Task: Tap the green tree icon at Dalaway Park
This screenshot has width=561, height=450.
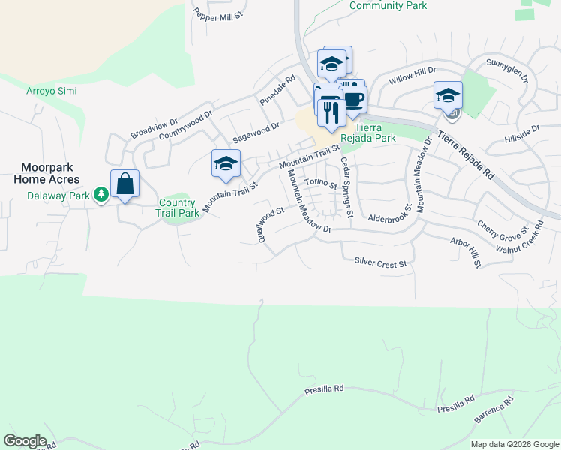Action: point(101,195)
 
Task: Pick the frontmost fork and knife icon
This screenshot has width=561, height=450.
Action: point(331,112)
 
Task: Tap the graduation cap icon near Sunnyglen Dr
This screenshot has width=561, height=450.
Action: point(448,95)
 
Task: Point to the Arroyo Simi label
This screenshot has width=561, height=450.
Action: point(51,91)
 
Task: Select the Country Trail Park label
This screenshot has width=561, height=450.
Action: point(178,208)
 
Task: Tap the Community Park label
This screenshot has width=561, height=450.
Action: point(388,5)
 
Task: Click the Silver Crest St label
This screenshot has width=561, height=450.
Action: point(380,263)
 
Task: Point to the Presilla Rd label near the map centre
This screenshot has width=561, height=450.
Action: point(324,390)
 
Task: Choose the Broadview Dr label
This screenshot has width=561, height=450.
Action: point(154,128)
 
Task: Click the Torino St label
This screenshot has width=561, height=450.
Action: point(322,184)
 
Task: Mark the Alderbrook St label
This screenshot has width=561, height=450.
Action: point(390,218)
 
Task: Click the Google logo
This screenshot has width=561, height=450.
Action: point(25,440)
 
